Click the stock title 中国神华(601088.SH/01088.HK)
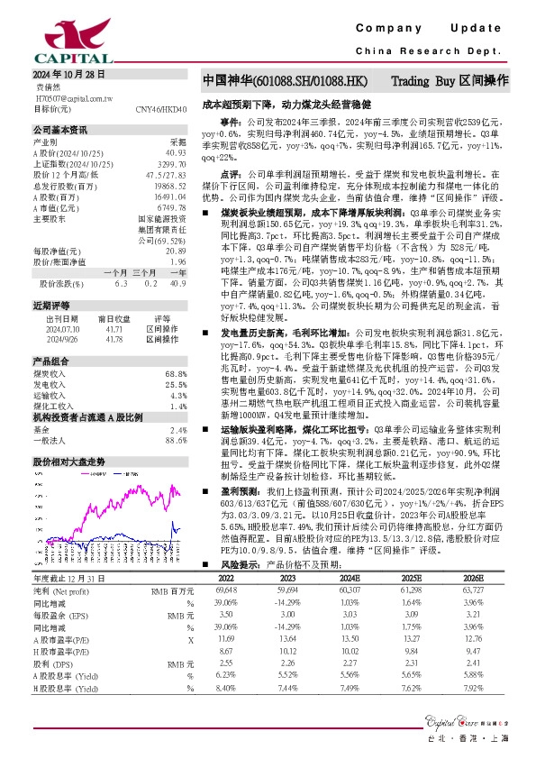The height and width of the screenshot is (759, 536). (284, 80)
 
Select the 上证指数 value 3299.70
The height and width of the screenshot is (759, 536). (172, 163)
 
